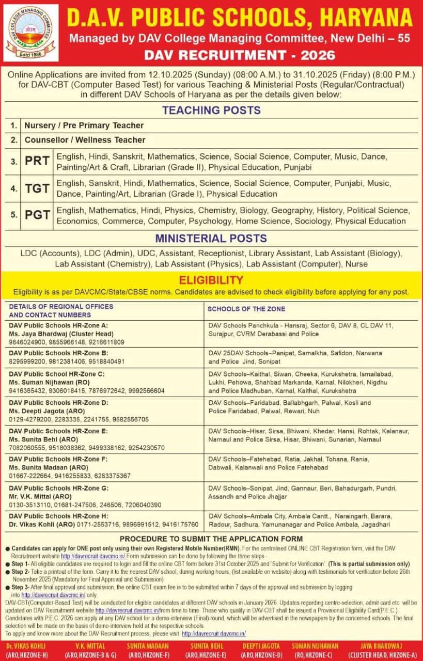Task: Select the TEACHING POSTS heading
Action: pos(211,110)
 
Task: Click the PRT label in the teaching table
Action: pos(37,161)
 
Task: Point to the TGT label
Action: pos(37,189)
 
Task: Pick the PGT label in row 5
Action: pos(37,216)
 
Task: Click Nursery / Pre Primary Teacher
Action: pos(84,125)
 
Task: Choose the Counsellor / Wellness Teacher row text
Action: pos(85,140)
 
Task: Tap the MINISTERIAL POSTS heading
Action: pos(211,239)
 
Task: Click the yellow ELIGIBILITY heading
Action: pos(211,280)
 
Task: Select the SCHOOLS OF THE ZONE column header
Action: pos(246,309)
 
